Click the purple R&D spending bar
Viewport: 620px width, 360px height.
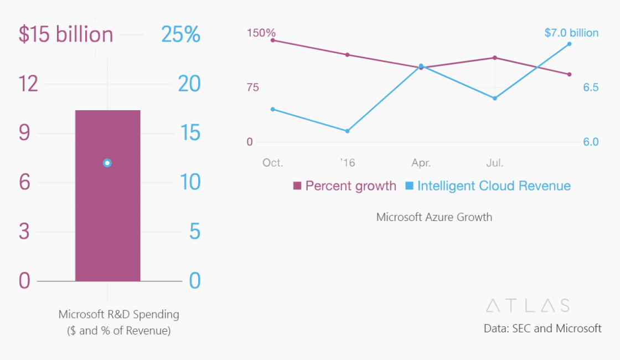point(107,222)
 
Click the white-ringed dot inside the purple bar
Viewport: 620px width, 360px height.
point(107,163)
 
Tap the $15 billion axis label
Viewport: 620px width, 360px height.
point(66,34)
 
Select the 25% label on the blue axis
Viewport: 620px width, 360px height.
point(180,34)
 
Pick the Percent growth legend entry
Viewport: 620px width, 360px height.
point(344,186)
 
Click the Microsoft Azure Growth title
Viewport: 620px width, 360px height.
point(434,217)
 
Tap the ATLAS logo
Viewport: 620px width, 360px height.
point(528,305)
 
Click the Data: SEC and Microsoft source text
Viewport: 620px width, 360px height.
point(542,328)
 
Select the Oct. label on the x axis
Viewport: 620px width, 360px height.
point(272,163)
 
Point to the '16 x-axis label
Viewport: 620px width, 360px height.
point(347,163)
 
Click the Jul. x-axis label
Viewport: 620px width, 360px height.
point(494,163)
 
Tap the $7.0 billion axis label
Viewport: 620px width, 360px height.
point(571,33)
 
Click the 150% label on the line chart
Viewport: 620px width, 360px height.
point(261,33)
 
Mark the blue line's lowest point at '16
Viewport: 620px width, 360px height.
point(347,131)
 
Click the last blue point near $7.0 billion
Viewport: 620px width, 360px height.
point(569,44)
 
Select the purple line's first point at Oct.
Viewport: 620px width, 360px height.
point(273,40)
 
